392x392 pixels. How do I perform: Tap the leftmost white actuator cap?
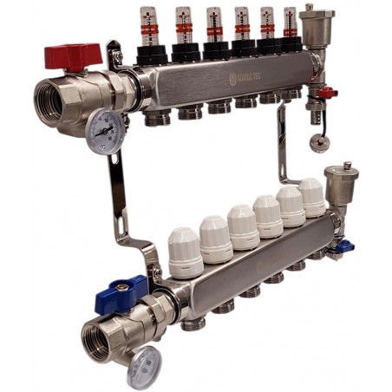184,246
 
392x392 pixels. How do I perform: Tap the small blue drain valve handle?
345,245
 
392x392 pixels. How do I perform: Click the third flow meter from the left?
212,25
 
